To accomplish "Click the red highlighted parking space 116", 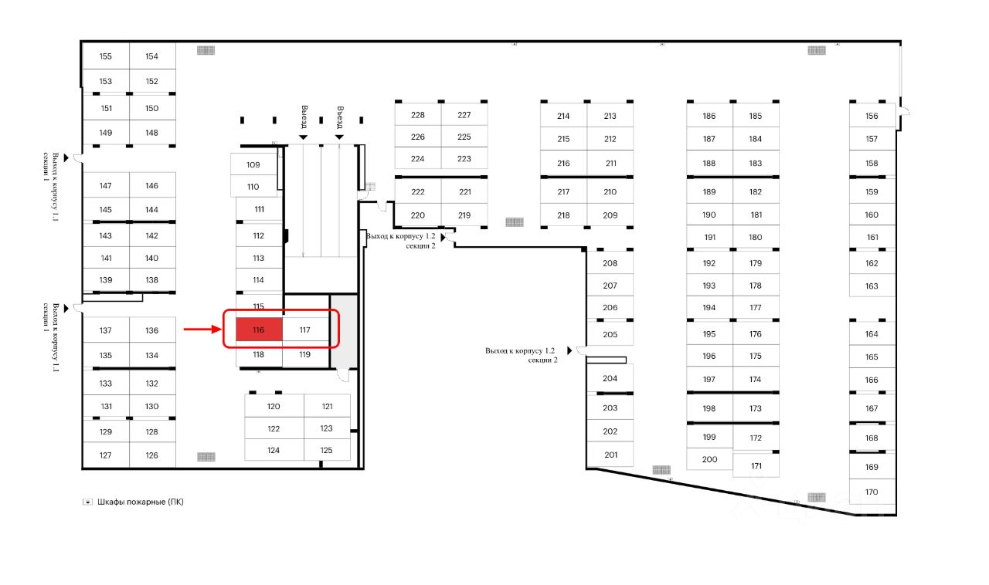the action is [258, 330].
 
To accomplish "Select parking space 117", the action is [304, 330].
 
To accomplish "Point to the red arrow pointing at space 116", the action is [202, 330].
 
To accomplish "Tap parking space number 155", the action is [106, 56].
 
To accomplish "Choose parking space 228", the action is [418, 115].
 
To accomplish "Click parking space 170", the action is [872, 492].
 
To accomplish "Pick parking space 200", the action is [709, 459].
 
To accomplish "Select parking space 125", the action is [326, 450].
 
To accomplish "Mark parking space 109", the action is [253, 164].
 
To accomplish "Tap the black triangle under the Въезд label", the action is [339, 137].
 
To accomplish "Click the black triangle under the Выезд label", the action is [304, 137].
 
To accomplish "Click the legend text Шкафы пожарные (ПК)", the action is [141, 502].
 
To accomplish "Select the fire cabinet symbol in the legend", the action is [88, 502].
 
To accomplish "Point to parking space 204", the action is [610, 378].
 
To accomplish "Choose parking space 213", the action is [610, 117].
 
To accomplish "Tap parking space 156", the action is [872, 116].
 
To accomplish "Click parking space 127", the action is [106, 455].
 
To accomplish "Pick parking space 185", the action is [756, 117].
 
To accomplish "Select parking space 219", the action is [464, 215].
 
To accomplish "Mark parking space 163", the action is [872, 286].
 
